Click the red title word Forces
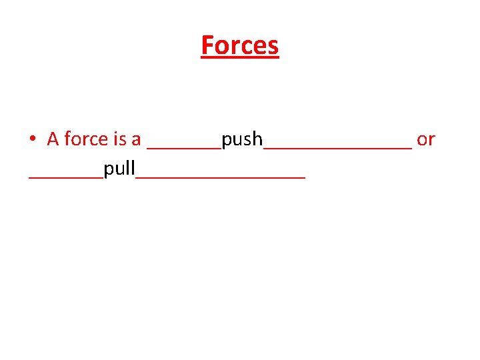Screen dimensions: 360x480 (239, 45)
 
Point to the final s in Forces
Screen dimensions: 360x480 (273, 47)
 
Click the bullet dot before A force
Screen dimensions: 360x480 (33, 139)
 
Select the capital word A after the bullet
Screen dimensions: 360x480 (53, 139)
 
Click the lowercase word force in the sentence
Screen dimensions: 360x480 (86, 139)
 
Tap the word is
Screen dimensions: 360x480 (121, 139)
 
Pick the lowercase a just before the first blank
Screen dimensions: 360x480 (136, 140)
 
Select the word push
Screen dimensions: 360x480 (243, 140)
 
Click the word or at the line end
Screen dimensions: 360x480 (425, 140)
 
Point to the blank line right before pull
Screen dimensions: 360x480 (66, 176)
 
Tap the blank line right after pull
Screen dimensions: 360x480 (221, 176)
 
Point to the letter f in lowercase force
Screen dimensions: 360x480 (67, 138)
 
